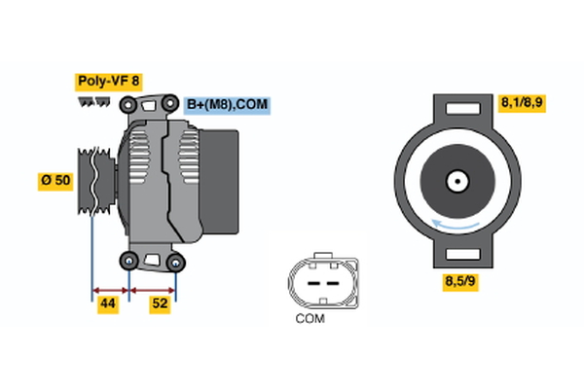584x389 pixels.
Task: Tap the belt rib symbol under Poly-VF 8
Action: (x=94, y=101)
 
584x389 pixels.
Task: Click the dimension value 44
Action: (x=109, y=304)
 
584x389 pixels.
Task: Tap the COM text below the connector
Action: (x=310, y=318)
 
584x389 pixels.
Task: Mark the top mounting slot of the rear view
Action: (x=456, y=106)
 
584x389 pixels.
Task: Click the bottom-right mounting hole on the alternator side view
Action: (x=175, y=262)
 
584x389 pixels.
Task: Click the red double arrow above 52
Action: (x=152, y=289)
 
